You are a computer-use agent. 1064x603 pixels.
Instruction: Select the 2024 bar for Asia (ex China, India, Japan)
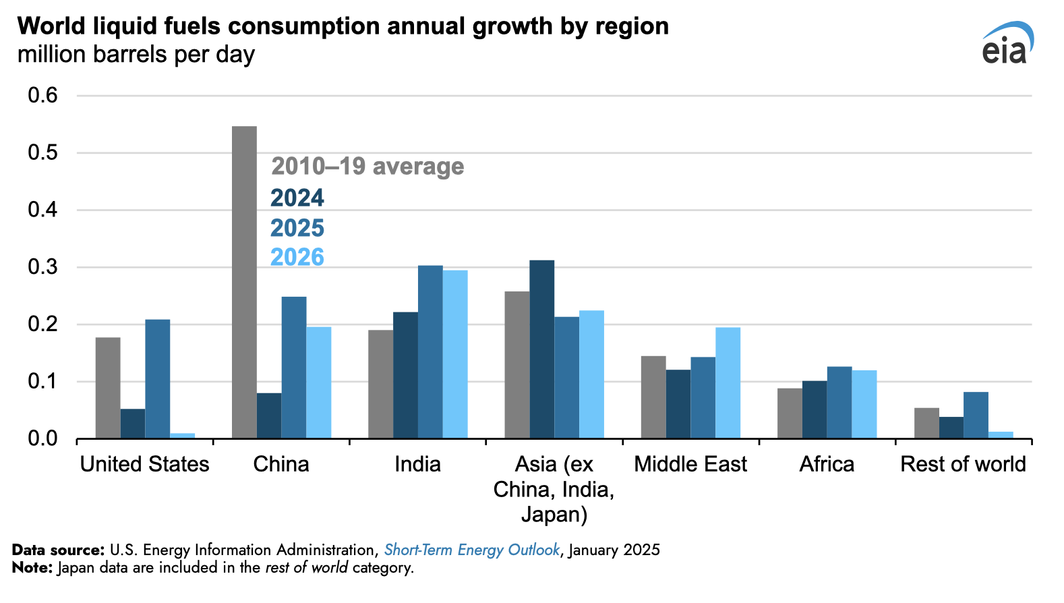(542, 349)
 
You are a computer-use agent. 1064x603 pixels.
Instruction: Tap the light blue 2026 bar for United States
(182, 436)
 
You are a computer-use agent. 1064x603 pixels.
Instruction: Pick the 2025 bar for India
(430, 352)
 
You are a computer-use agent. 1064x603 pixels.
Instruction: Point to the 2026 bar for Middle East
(728, 382)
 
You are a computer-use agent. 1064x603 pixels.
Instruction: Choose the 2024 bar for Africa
(815, 409)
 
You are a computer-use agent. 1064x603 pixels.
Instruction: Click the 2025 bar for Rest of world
(976, 415)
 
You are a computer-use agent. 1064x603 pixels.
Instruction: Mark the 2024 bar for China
(269, 415)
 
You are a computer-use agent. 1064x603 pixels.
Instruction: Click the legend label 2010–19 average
(367, 167)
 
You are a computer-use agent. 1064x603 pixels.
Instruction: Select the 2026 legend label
(297, 257)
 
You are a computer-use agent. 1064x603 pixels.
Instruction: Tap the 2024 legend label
(297, 198)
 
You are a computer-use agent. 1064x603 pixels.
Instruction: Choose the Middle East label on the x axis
(690, 464)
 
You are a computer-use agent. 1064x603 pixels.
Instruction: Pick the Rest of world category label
(963, 464)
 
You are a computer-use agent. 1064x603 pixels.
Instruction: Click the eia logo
(1006, 43)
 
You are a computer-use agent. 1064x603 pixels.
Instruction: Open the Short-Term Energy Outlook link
(471, 550)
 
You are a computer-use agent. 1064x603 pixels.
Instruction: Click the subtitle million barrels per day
(136, 54)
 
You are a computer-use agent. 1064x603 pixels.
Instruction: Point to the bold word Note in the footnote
(30, 567)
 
